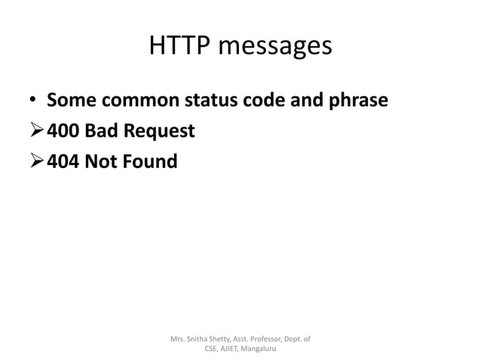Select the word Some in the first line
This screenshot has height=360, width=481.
70,101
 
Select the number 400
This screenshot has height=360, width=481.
63,131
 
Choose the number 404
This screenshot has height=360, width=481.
63,160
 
